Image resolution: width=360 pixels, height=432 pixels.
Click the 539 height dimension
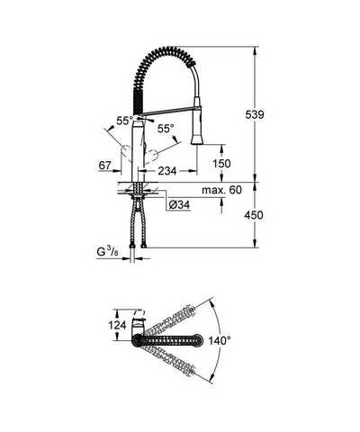coord(255,114)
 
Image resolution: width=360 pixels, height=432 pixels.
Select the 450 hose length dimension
coord(254,215)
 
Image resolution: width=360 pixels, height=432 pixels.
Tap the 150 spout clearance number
coord(221,164)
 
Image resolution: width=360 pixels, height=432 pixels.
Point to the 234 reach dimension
coord(167,171)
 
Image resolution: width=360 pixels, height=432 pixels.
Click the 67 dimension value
coord(105,166)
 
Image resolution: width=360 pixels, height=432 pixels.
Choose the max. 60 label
coord(221,190)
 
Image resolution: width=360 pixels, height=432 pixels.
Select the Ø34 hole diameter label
coord(179,205)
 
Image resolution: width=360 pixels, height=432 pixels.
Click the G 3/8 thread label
coord(107,252)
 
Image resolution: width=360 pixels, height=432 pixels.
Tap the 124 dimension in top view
coord(118,325)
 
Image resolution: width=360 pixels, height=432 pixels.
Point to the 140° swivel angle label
coord(220,340)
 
